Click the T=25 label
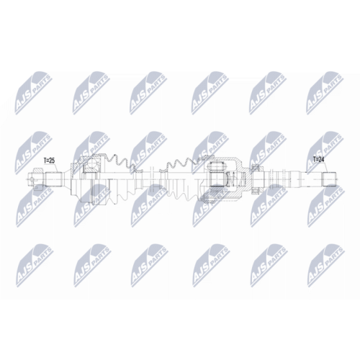[x=49, y=161]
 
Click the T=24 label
[x=318, y=159]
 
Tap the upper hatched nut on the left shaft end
[x=38, y=170]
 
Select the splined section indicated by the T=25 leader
[x=54, y=179]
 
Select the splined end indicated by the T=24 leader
[x=328, y=179]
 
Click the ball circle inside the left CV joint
[x=91, y=164]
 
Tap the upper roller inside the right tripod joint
[x=217, y=166]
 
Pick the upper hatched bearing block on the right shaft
[x=255, y=167]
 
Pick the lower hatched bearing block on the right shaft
[x=255, y=191]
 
